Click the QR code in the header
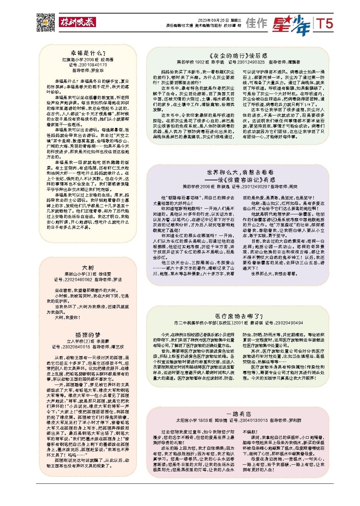click(x=46, y=22)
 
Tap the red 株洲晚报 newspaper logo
click(x=77, y=22)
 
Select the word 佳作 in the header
click(x=256, y=23)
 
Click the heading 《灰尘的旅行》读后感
click(x=238, y=55)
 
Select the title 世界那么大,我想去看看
click(x=240, y=172)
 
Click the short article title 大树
click(x=88, y=268)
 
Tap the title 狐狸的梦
click(x=88, y=335)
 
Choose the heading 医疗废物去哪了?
click(x=239, y=316)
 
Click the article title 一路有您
click(x=238, y=414)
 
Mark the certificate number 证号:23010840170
click(x=88, y=65)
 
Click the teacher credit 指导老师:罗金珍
click(x=88, y=70)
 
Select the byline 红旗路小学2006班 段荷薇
click(x=88, y=60)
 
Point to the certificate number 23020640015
click(x=76, y=347)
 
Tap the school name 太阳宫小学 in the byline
click(x=187, y=420)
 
